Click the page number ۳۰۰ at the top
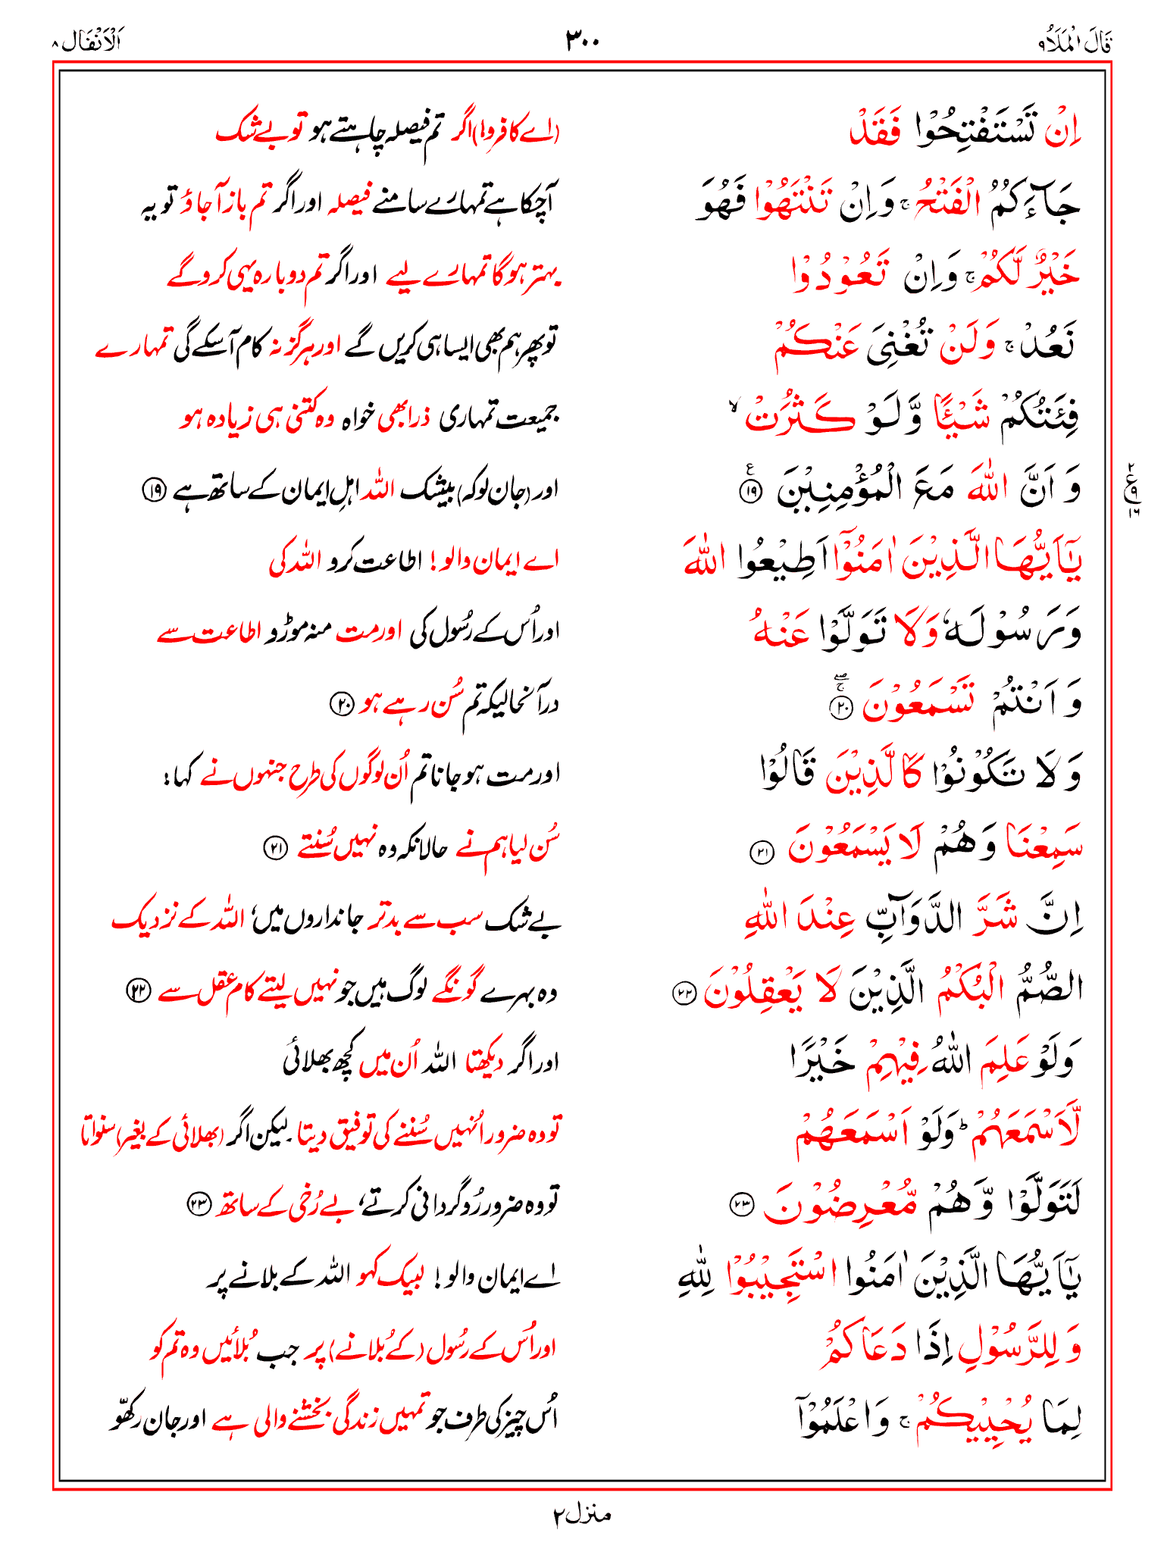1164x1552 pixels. point(582,40)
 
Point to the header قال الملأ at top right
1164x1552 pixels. point(1075,42)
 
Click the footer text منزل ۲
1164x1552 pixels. point(581,1515)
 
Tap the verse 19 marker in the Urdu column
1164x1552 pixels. point(154,491)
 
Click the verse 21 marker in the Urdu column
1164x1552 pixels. point(274,848)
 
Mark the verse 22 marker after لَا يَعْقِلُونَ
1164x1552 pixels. point(684,994)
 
